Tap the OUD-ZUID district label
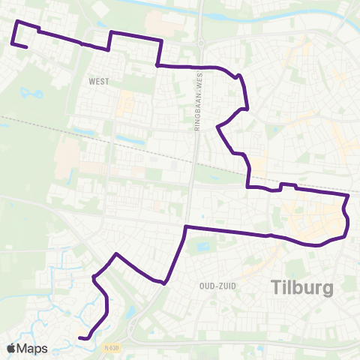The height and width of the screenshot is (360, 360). pos(217,285)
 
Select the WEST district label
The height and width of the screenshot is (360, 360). pos(98,81)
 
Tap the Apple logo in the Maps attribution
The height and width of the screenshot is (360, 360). pos(10,349)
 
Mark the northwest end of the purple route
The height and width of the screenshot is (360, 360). pos(27,48)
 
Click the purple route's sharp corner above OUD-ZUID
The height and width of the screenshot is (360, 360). pos(185,226)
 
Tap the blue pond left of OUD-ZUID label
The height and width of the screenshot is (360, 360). pos(202,246)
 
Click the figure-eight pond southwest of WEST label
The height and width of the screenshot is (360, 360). pos(32,94)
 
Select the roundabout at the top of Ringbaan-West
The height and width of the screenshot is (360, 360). pos(202,43)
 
